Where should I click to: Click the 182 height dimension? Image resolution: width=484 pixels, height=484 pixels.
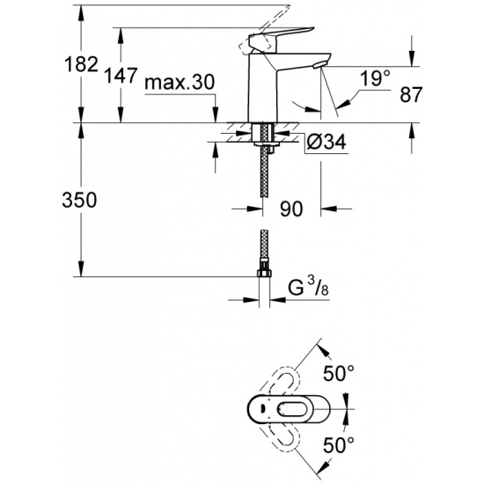(81, 65)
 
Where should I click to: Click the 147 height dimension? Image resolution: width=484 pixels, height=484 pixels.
(121, 76)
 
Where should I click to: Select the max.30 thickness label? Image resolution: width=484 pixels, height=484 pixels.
(180, 83)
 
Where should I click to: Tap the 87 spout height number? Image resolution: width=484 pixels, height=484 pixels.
(411, 94)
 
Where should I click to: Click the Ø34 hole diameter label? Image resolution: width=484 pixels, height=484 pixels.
(326, 142)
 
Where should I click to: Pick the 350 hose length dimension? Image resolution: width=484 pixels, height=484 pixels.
(79, 200)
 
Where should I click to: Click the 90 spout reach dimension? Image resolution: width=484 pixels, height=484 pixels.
(291, 209)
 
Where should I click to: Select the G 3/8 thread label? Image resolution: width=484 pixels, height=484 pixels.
(308, 288)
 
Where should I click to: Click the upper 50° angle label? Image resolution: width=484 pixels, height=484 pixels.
(339, 373)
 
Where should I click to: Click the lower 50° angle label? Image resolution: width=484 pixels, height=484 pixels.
(339, 444)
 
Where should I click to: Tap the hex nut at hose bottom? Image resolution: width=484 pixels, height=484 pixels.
(264, 273)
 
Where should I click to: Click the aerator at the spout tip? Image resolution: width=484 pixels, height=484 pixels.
(318, 65)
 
